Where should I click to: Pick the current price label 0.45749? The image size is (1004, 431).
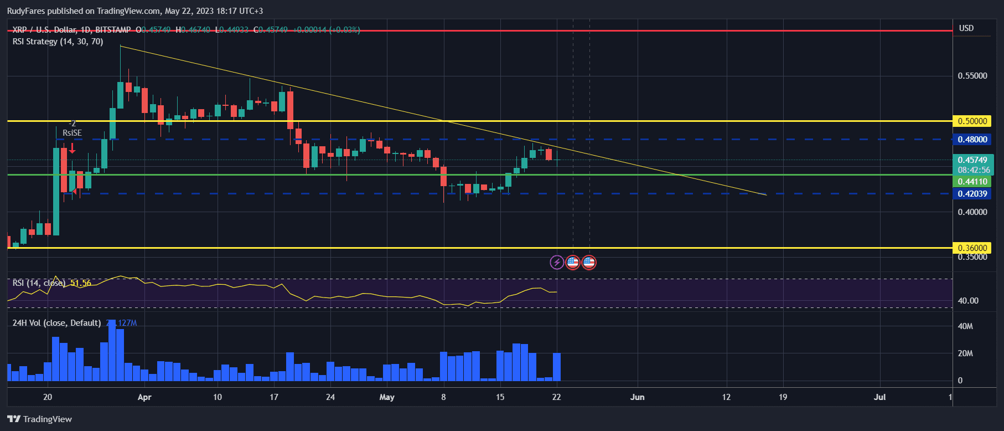[x=972, y=160]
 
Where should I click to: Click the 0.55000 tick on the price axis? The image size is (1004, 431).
[x=972, y=75]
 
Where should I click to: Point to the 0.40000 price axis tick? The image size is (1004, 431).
[x=972, y=212]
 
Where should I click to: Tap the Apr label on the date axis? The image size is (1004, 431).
[x=144, y=397]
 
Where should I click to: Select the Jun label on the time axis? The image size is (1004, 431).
[x=637, y=397]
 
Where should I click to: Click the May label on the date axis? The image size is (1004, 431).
[x=387, y=397]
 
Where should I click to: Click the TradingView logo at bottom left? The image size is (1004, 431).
[x=40, y=419]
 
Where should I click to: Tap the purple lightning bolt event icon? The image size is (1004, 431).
[x=557, y=262]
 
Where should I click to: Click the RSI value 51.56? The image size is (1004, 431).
[x=81, y=283]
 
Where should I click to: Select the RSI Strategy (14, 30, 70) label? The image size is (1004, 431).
[x=58, y=42]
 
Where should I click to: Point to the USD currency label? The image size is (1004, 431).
[x=966, y=28]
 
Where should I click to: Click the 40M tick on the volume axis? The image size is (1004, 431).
[x=965, y=326]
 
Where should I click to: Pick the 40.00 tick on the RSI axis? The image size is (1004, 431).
[x=968, y=301]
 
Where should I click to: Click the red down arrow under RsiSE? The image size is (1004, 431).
[x=72, y=148]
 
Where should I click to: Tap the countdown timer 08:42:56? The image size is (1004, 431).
[x=974, y=170]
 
